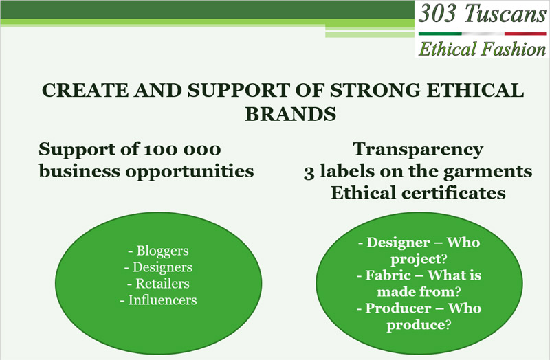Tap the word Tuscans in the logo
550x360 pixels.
(x=505, y=14)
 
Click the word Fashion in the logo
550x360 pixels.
(x=514, y=49)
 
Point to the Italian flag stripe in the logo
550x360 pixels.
(x=483, y=34)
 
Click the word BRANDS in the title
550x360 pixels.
(x=290, y=113)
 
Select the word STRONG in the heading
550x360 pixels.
(x=375, y=90)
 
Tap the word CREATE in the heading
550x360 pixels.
(x=85, y=90)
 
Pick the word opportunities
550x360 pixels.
(x=190, y=172)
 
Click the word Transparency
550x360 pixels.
(x=418, y=150)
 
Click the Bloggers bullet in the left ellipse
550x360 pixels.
(x=159, y=251)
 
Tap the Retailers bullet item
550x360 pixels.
(x=159, y=284)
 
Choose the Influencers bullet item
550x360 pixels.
(x=159, y=300)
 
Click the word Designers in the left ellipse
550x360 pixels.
(x=162, y=267)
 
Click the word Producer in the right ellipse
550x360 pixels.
(x=398, y=308)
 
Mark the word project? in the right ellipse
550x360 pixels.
(x=419, y=260)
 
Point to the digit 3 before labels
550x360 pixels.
(x=309, y=173)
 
